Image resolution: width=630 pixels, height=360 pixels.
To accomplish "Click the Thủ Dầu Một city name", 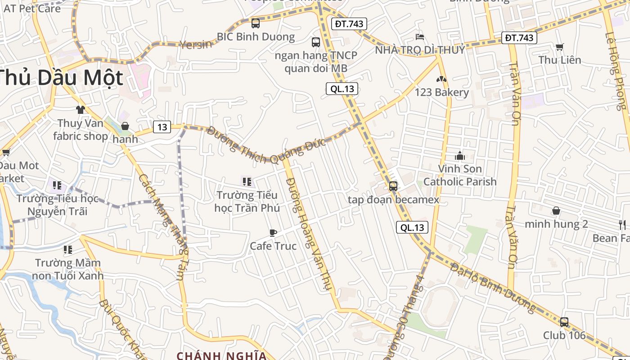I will tap(61, 77).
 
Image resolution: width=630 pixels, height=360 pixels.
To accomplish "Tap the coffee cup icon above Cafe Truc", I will tap(273, 233).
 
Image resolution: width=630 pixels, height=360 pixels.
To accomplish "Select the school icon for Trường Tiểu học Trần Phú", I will tap(247, 182).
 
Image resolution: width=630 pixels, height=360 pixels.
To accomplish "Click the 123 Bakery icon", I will tap(441, 79).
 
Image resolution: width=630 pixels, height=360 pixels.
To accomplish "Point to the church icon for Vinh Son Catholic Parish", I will tap(460, 156).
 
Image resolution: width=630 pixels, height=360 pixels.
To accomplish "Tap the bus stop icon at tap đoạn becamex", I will tap(393, 186).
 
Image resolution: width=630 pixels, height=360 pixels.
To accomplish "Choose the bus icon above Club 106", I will tap(564, 322).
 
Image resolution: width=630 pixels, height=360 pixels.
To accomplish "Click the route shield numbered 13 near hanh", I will tap(162, 127).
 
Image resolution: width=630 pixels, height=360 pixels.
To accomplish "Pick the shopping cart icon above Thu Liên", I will tap(560, 47).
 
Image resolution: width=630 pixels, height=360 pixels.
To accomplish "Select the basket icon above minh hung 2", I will tap(556, 211).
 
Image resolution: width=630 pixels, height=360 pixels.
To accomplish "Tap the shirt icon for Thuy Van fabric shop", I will tap(81, 109).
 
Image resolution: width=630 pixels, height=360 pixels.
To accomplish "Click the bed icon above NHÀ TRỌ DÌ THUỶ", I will tap(420, 36).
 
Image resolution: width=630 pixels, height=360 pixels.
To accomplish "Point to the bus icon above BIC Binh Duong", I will tap(256, 23).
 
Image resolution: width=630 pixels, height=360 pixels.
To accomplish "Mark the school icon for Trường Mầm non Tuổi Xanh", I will tap(68, 249).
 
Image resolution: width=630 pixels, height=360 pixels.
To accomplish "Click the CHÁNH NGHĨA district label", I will tap(221, 355).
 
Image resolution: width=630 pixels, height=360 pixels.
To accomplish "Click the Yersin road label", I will tap(196, 44).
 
